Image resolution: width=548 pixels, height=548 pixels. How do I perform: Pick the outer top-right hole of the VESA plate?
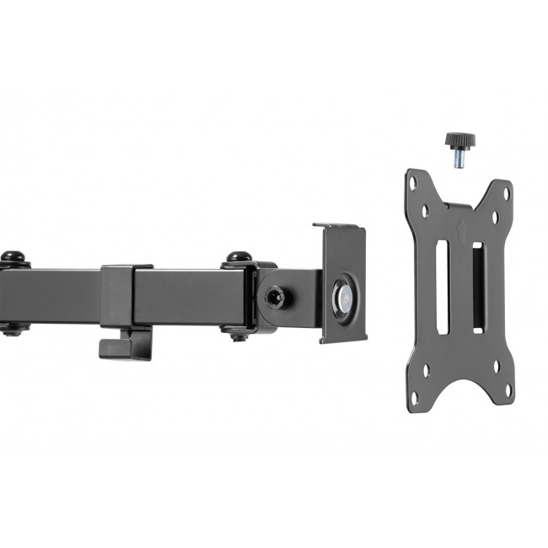[507, 194]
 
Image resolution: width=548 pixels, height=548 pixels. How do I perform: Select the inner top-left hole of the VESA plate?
[426, 212]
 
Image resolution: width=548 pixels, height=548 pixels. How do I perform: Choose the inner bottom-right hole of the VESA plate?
[495, 366]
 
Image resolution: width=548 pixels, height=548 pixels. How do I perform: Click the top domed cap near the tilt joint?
[239, 256]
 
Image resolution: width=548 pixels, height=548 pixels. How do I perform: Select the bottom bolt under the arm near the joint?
[239, 334]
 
